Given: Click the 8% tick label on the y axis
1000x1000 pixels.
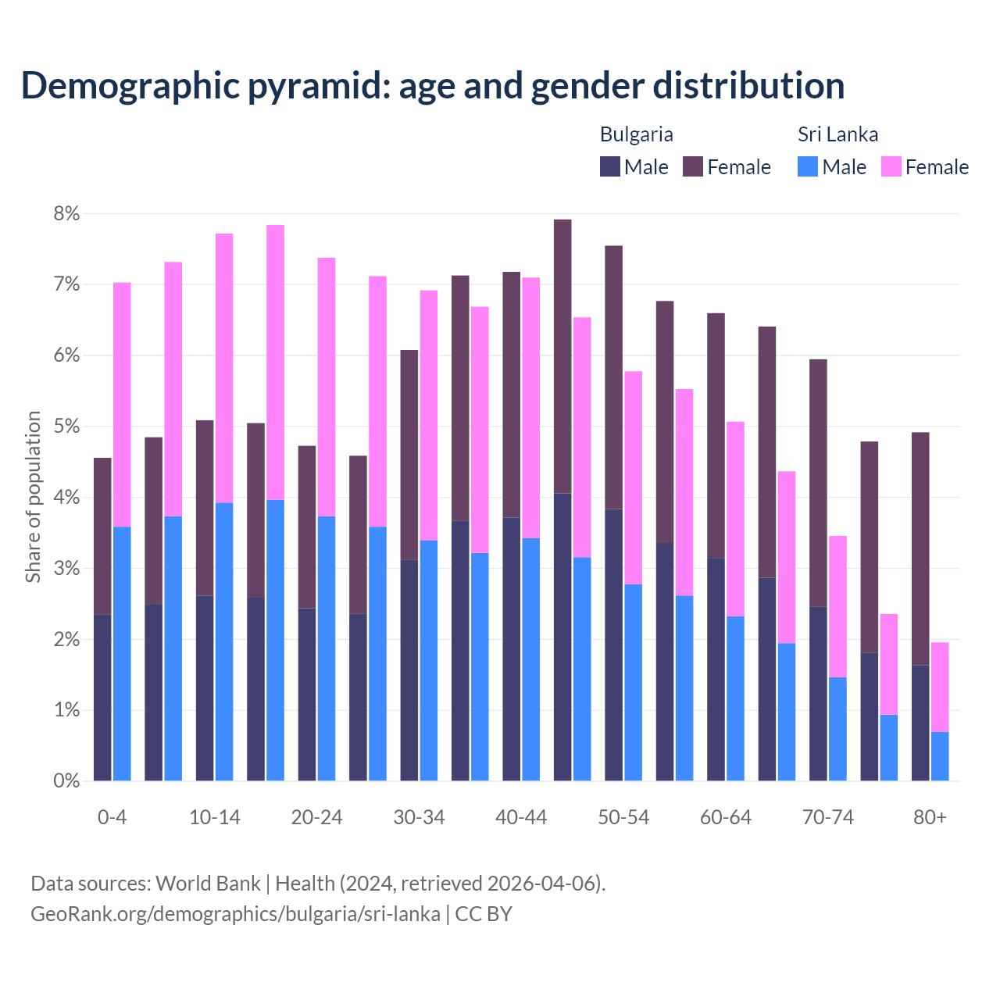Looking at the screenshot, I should [66, 214].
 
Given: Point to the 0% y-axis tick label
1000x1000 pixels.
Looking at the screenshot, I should [66, 780].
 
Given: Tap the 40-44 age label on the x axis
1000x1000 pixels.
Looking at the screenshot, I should [521, 818].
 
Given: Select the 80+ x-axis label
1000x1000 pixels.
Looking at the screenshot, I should [930, 818].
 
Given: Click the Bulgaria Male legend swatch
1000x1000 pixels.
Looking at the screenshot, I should [610, 166].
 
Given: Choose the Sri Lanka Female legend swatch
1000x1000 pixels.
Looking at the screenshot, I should [891, 166].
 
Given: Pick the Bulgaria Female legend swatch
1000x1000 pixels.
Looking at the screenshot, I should [693, 166].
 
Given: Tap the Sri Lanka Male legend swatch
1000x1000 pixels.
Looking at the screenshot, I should [808, 166].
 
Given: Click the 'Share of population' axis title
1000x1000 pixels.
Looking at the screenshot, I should [33, 497].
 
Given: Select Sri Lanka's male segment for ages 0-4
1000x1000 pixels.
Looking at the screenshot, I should [122, 653].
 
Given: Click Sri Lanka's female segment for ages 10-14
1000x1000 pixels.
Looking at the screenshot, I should [224, 367].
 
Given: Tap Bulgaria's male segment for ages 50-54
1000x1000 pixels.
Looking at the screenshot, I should [614, 645].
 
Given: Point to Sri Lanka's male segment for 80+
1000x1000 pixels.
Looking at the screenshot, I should [940, 756].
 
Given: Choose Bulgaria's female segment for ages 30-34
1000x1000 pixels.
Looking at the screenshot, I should [409, 455].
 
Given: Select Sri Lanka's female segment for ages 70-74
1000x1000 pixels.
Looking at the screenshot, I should [837, 606].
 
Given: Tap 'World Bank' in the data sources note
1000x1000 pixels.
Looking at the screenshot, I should [208, 884].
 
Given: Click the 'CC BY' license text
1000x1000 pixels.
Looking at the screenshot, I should [484, 914].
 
